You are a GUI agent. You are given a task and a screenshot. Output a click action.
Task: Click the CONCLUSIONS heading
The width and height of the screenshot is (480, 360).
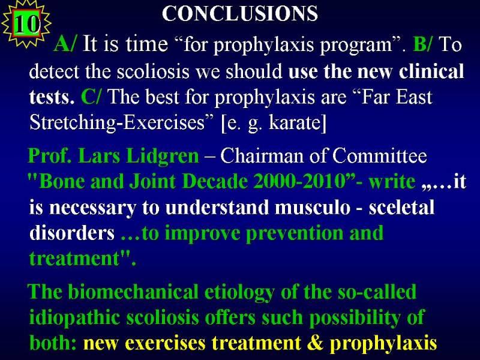240,14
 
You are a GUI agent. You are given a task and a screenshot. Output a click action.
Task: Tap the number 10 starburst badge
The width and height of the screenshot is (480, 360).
26,24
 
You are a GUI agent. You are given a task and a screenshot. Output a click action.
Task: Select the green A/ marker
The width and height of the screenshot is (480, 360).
65,43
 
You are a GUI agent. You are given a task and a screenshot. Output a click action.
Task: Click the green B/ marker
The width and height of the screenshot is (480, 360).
423,43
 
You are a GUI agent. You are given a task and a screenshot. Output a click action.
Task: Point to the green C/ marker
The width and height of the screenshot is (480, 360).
92,97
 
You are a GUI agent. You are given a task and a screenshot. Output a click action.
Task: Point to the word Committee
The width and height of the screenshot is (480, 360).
380,156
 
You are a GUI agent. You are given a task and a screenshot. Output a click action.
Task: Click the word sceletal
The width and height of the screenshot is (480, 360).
401,207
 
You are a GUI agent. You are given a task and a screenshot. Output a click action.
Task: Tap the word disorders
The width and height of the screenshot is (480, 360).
72,233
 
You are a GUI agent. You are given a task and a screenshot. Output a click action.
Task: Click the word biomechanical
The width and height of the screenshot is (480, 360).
133,291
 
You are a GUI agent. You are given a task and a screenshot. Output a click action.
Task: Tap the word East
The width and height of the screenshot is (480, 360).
414,97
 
